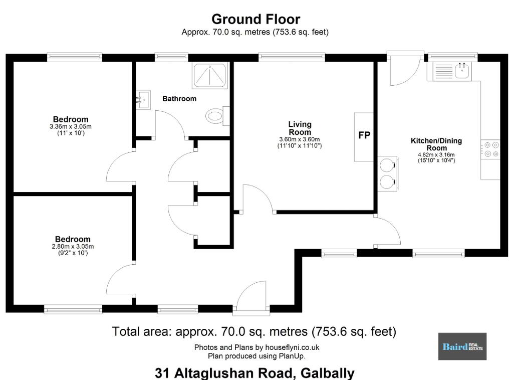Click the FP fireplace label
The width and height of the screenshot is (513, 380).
(x=364, y=135)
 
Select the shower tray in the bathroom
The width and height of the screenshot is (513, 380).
(x=210, y=75)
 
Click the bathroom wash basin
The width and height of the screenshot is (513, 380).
(x=143, y=99)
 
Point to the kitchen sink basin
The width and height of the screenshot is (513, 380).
(x=462, y=70)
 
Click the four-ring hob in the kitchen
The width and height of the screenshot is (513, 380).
(x=490, y=149)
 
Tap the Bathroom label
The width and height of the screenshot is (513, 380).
(x=179, y=99)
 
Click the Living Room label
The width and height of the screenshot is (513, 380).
(x=300, y=128)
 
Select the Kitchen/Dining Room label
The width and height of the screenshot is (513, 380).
(x=436, y=144)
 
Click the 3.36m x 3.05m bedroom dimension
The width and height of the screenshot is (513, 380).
(x=71, y=126)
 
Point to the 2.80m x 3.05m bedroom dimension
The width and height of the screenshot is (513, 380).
(x=73, y=247)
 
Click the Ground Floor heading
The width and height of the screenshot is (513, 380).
(x=256, y=20)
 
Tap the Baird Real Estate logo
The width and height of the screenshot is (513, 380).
(x=462, y=346)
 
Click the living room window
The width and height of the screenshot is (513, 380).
(x=292, y=57)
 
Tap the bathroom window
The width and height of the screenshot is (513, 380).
(x=171, y=57)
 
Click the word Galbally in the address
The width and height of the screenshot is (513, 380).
(x=328, y=373)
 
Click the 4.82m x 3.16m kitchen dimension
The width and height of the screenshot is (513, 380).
(x=436, y=155)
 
